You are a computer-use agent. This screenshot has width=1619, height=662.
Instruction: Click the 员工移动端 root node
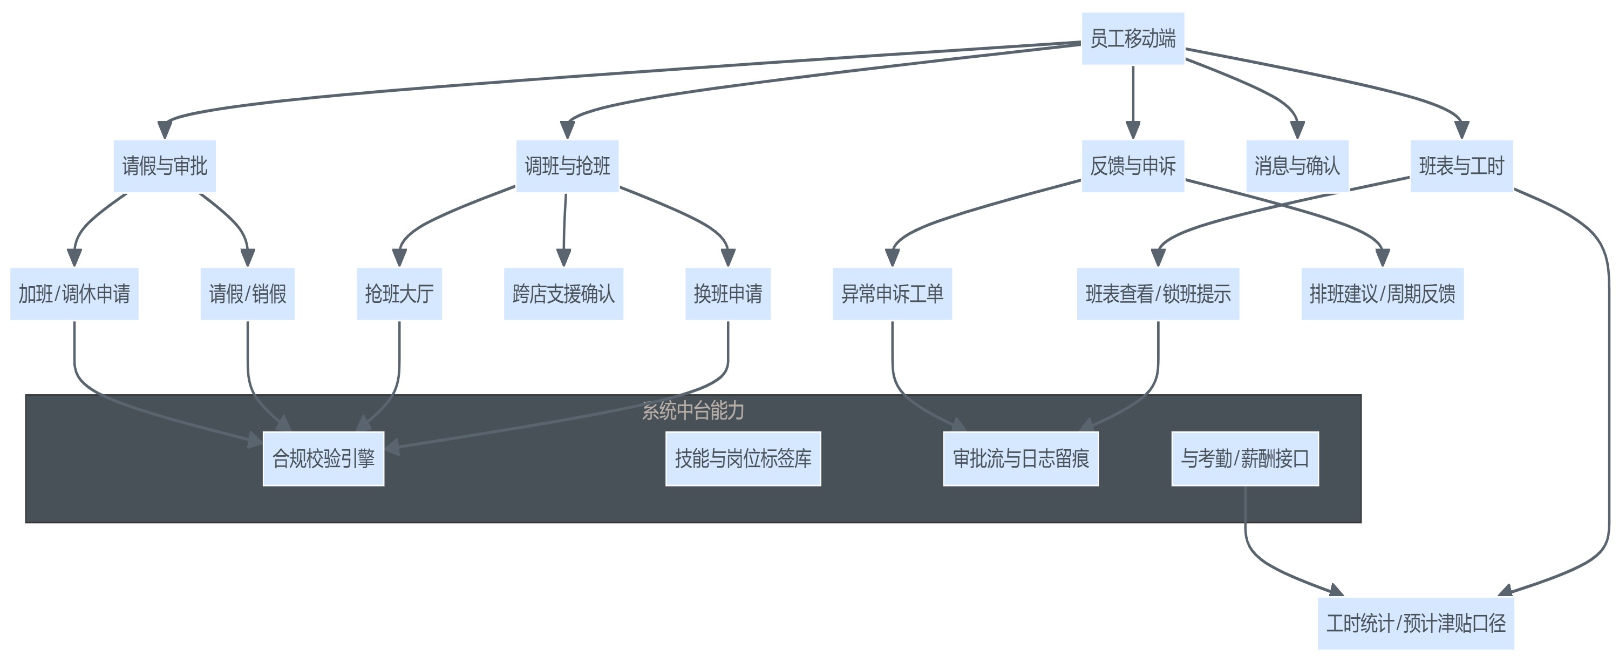coord(1133,38)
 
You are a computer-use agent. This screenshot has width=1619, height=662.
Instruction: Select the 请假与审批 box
coord(165,166)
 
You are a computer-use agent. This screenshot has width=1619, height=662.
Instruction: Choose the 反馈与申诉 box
coord(1133,166)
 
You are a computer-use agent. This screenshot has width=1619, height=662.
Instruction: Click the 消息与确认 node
coord(1297,166)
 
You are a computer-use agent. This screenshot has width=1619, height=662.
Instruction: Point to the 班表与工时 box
coord(1461,166)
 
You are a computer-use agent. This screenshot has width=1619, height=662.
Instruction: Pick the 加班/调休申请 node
coord(74,294)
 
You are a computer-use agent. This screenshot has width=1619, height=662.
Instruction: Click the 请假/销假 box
coord(248,294)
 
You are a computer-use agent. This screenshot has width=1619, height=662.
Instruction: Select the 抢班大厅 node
coord(399,294)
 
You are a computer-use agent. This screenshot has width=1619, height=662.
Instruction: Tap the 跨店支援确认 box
coord(563,294)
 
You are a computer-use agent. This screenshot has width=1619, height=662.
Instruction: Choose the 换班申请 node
coord(728,294)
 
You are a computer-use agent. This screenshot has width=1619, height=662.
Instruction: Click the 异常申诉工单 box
coord(892,294)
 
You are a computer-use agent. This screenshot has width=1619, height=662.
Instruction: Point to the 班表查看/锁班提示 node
coord(1158,294)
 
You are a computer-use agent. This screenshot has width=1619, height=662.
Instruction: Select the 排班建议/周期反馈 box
coord(1382,294)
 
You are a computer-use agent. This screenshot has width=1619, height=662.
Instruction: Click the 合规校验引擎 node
coord(323,458)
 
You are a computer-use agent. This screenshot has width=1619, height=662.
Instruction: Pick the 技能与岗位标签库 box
coord(743,458)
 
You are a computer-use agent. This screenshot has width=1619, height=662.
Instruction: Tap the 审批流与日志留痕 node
coord(1021,458)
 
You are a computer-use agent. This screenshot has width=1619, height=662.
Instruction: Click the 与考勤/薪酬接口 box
coord(1244,458)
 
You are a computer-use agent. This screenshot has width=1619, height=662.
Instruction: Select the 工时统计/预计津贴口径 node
coord(1416,623)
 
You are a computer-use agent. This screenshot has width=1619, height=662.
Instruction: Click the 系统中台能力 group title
coord(692,410)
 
